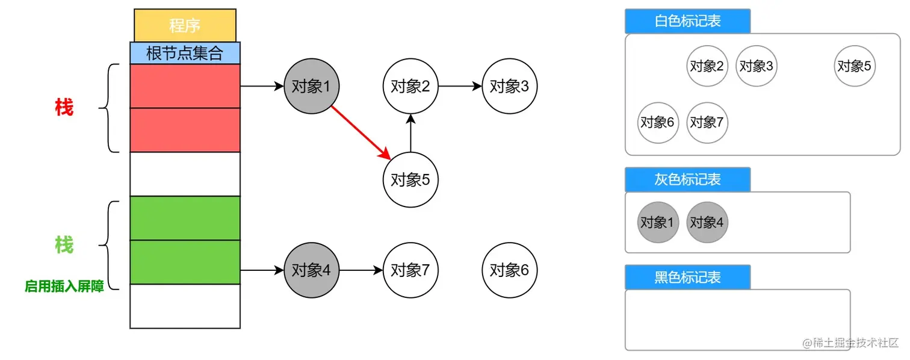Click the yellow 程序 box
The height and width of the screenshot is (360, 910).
pyautogui.click(x=185, y=26)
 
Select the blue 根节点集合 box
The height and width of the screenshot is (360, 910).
pyautogui.click(x=185, y=53)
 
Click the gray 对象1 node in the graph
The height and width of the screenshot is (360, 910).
pyautogui.click(x=311, y=86)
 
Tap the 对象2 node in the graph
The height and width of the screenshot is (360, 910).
pyautogui.click(x=410, y=86)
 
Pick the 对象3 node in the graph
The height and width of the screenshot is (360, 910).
pyautogui.click(x=509, y=86)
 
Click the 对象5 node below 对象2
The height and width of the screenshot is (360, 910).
pyautogui.click(x=410, y=179)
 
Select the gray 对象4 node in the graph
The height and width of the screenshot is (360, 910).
pyautogui.click(x=311, y=270)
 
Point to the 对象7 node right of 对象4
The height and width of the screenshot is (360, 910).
pyautogui.click(x=410, y=270)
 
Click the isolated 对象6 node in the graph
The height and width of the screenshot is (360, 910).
pyautogui.click(x=509, y=270)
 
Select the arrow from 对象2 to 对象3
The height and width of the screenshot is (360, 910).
pyautogui.click(x=460, y=86)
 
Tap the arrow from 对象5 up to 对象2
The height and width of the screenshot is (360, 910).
pyautogui.click(x=410, y=133)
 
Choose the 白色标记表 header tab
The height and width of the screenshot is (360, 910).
pyautogui.click(x=687, y=21)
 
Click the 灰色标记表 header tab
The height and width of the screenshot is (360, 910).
pyautogui.click(x=687, y=179)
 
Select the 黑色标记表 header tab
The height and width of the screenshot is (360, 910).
pyautogui.click(x=687, y=277)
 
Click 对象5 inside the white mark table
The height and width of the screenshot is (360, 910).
pyautogui.click(x=855, y=66)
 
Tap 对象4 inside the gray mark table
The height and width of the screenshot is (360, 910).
pyautogui.click(x=707, y=222)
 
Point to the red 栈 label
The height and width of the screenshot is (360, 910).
pyautogui.click(x=64, y=108)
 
